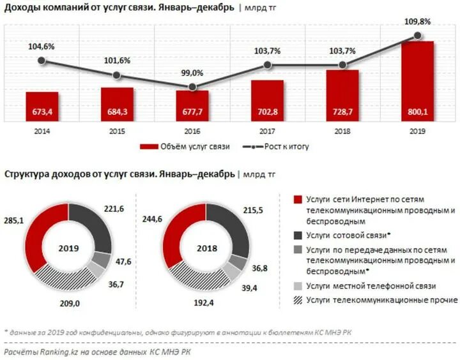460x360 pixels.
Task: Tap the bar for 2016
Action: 192,105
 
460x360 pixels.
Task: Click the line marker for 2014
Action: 42,61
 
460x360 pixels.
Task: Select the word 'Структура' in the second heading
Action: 26,174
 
